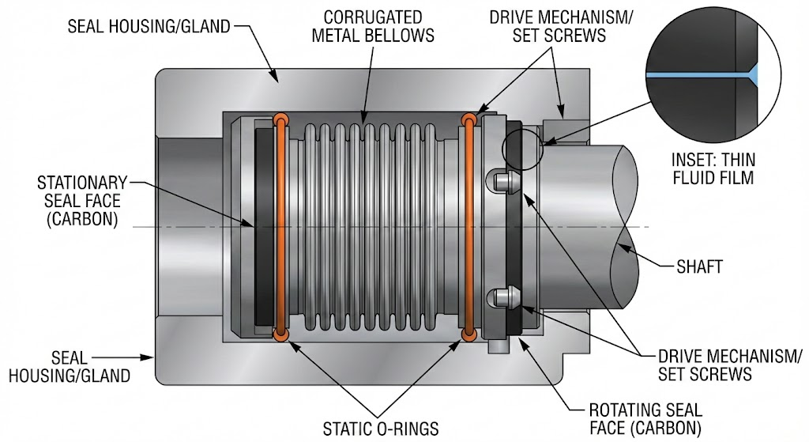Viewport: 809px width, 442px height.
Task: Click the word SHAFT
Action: click(699, 266)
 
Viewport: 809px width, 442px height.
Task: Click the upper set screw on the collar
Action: click(502, 182)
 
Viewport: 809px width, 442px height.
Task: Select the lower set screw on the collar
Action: click(502, 299)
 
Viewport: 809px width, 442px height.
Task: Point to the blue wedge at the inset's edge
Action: click(754, 74)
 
